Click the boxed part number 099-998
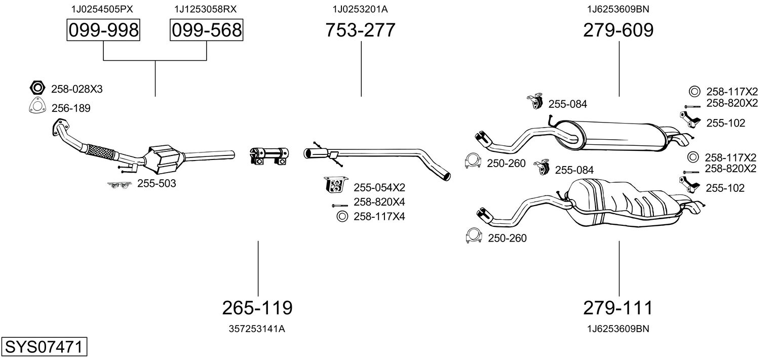(103, 30)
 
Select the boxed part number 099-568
(206, 30)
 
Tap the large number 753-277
(360, 30)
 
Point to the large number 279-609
(618, 30)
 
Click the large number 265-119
(257, 307)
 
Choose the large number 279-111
(618, 307)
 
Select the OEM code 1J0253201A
(360, 9)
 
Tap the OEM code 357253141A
(257, 329)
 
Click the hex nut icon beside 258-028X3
(36, 88)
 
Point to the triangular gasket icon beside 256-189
(36, 107)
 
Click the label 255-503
(157, 183)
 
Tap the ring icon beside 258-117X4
(341, 217)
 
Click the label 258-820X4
(379, 202)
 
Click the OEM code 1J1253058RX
(205, 9)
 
